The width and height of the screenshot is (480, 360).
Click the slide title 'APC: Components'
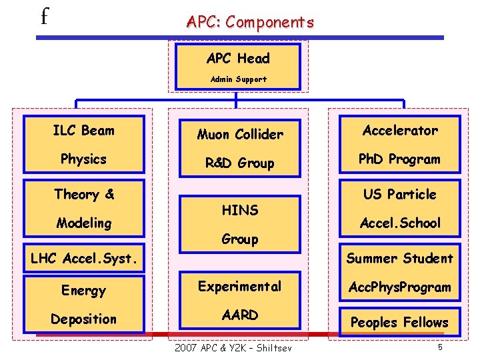pyautogui.click(x=250, y=22)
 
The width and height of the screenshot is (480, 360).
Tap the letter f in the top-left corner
pyautogui.click(x=44, y=15)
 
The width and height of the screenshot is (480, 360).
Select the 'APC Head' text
pyautogui.click(x=238, y=59)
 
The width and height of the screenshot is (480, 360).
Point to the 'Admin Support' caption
pyautogui.click(x=238, y=79)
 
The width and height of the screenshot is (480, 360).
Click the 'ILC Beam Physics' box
pyautogui.click(x=83, y=145)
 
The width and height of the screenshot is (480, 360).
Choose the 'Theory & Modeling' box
pyautogui.click(x=83, y=208)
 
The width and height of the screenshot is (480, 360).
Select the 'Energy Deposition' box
pyautogui.click(x=83, y=305)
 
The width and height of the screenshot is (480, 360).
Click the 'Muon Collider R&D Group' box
pyautogui.click(x=240, y=148)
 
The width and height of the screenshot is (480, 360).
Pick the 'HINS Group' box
pyautogui.click(x=240, y=224)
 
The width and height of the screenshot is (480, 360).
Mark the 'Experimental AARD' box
pyautogui.click(x=240, y=301)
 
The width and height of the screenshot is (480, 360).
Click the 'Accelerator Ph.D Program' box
pyautogui.click(x=400, y=145)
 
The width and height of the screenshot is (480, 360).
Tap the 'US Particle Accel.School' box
pyautogui.click(x=400, y=208)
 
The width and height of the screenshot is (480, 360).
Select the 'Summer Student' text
pyautogui.click(x=400, y=258)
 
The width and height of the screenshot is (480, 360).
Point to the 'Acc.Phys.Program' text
pyautogui.click(x=400, y=288)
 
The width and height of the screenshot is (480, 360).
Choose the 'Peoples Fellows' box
pyautogui.click(x=400, y=322)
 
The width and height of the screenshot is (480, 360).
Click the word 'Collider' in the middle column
pyautogui.click(x=259, y=134)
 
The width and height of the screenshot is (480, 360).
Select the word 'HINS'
pyautogui.click(x=240, y=210)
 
